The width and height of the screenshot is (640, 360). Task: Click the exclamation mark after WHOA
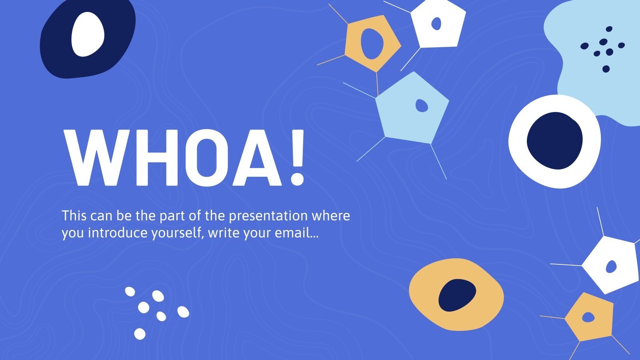pyautogui.click(x=297, y=158)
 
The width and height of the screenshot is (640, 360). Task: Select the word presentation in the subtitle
pyautogui.click(x=268, y=216)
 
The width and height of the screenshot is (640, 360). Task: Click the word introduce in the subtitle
pyautogui.click(x=118, y=232)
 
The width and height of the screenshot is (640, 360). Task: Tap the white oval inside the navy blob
pyautogui.click(x=88, y=34)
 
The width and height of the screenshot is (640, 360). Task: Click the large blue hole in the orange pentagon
pyautogui.click(x=372, y=44)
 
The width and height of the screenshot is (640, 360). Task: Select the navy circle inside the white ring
pyautogui.click(x=554, y=140)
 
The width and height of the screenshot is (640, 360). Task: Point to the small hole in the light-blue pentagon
pyautogui.click(x=422, y=106)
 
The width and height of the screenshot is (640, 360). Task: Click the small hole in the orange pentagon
pyautogui.click(x=588, y=317)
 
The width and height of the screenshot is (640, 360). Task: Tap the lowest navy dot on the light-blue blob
pyautogui.click(x=606, y=69)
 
